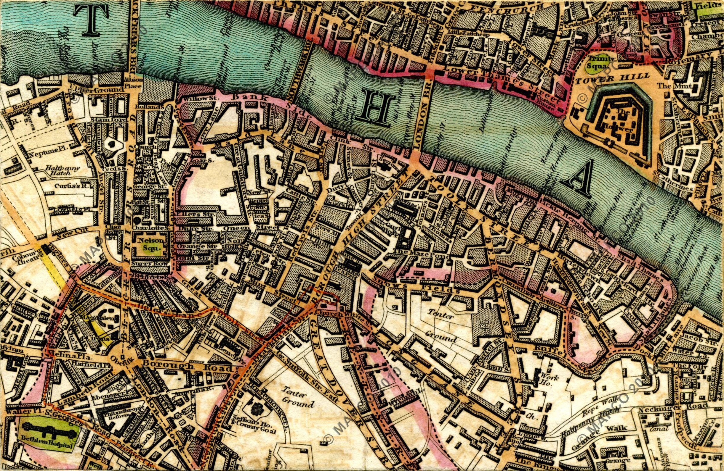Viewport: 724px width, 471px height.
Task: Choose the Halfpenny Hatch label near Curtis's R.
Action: [x=63, y=170]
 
